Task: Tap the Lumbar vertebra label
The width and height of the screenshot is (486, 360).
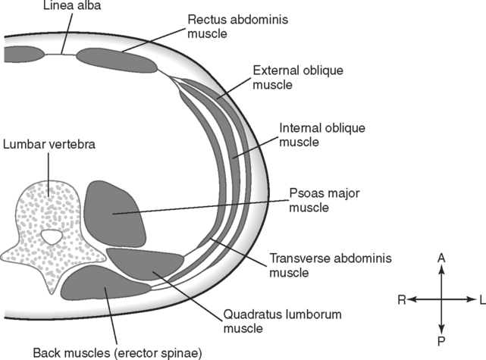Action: click(49, 144)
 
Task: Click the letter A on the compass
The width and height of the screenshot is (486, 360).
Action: click(441, 258)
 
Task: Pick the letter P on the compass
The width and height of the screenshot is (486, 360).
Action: click(441, 342)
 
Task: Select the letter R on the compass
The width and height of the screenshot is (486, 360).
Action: click(400, 300)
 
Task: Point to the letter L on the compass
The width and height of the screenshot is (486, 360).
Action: click(481, 300)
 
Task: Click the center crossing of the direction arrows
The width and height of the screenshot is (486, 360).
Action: click(441, 300)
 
